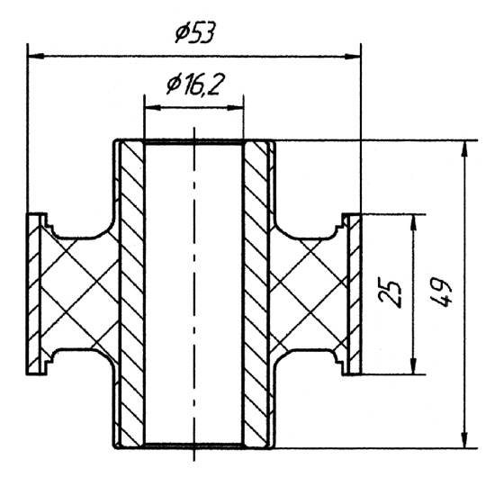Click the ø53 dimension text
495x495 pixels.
pyautogui.click(x=194, y=34)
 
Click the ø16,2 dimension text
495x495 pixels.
pyautogui.click(x=195, y=85)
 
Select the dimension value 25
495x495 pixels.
pyautogui.click(x=390, y=293)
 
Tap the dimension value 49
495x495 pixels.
pyautogui.click(x=444, y=293)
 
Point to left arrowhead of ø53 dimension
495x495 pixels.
pyautogui.click(x=34, y=56)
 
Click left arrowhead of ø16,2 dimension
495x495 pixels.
pyautogui.click(x=150, y=107)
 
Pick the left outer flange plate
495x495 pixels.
pyautogui.click(x=36, y=293)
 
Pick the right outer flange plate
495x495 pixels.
pyautogui.click(x=354, y=293)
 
